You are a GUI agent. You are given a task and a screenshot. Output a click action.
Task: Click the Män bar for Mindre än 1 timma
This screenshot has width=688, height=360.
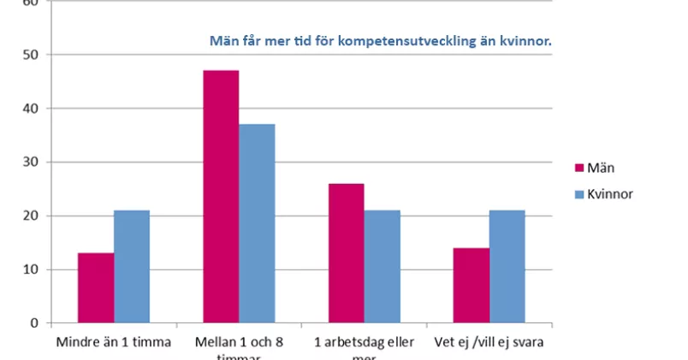(x=96, y=288)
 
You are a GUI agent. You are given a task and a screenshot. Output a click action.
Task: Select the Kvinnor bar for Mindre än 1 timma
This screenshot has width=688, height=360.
(x=132, y=267)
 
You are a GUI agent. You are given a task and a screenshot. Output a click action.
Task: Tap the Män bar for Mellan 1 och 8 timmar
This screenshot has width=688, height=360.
(x=221, y=197)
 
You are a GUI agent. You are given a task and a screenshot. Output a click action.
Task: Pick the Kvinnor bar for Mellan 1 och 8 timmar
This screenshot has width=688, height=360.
(x=257, y=223)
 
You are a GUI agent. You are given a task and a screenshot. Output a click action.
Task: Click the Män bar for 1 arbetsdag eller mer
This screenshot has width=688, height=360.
(x=346, y=253)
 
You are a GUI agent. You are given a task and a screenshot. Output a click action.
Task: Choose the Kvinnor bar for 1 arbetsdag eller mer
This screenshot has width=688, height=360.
(x=382, y=267)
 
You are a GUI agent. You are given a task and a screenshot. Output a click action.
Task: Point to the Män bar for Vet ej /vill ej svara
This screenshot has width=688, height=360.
(x=472, y=286)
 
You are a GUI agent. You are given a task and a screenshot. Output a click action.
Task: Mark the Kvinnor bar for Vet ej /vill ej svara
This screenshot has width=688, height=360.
(x=507, y=267)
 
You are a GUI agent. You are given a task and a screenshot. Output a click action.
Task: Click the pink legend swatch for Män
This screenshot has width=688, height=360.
(x=578, y=168)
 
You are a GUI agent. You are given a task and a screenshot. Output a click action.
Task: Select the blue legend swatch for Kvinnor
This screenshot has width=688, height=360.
(x=578, y=194)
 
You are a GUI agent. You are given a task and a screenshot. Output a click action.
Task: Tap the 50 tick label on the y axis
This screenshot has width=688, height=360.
(x=32, y=55)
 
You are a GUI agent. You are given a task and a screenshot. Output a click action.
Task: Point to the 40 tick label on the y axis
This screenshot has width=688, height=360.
(x=32, y=109)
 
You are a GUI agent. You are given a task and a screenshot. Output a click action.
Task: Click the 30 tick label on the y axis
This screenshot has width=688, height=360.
(x=32, y=162)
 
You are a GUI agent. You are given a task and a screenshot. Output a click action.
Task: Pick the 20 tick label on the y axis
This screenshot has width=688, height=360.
(x=32, y=216)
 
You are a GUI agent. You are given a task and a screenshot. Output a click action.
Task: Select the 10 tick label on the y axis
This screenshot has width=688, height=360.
(x=32, y=269)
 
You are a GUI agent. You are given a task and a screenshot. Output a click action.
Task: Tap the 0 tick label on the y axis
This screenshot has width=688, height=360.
(x=35, y=323)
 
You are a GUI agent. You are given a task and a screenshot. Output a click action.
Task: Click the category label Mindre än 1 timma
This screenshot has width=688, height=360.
(x=114, y=342)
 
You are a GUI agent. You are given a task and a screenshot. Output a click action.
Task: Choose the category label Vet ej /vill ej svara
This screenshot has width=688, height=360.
(x=489, y=342)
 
